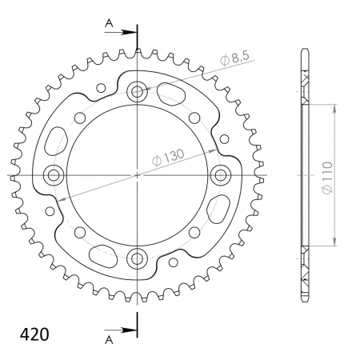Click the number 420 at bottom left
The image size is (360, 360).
pos(34,334)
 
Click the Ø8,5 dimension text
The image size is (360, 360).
pos(234,58)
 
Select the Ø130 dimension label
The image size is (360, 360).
pos(168,158)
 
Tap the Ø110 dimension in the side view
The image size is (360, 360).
pos(327,178)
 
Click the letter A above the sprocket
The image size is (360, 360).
pos(109,23)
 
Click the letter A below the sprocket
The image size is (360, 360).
pos(109,340)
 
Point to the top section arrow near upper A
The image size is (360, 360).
pos(121,32)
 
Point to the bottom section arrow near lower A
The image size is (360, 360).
pos(121,330)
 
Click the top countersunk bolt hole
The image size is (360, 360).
pos(137,92)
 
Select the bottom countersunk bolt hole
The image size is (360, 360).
pos(137,258)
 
